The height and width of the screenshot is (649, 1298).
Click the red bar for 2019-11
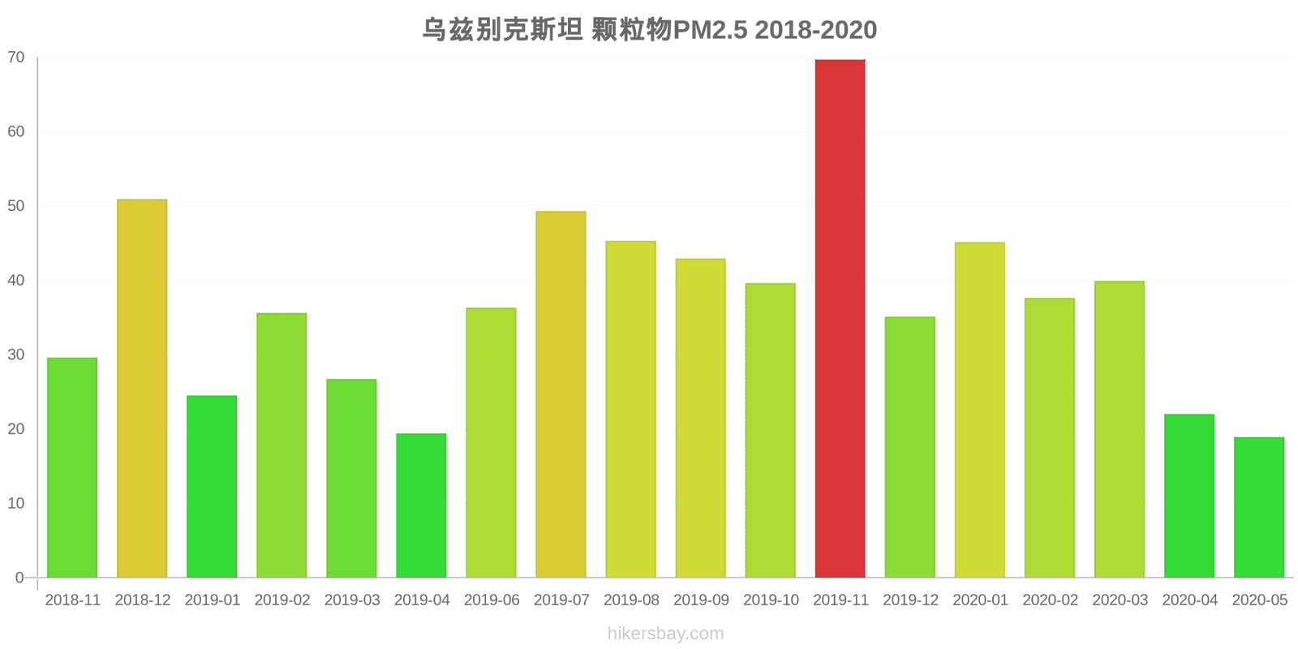click(840, 318)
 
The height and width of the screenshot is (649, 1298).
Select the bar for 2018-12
click(142, 389)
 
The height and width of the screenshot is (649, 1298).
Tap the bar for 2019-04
click(421, 505)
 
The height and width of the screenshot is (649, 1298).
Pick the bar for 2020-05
click(1259, 507)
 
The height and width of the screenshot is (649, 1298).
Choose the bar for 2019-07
click(561, 394)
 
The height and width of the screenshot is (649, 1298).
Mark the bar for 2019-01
click(212, 487)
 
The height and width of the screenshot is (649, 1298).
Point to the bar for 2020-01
click(979, 410)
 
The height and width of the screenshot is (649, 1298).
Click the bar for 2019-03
click(351, 479)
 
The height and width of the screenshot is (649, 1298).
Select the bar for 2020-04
click(1189, 496)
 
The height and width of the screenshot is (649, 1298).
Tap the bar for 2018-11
click(72, 467)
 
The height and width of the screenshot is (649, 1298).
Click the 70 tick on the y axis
click(16, 58)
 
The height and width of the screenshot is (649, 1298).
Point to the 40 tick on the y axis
click(16, 281)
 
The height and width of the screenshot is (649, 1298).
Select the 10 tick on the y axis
click(16, 504)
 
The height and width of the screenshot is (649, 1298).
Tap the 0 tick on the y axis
click(19, 578)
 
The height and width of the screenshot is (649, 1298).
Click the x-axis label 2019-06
click(492, 600)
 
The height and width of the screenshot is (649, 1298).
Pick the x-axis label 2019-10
click(771, 600)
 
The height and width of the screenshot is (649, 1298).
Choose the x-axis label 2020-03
click(1120, 600)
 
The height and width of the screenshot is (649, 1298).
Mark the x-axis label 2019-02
click(282, 600)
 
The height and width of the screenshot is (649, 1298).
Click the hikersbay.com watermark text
click(665, 634)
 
